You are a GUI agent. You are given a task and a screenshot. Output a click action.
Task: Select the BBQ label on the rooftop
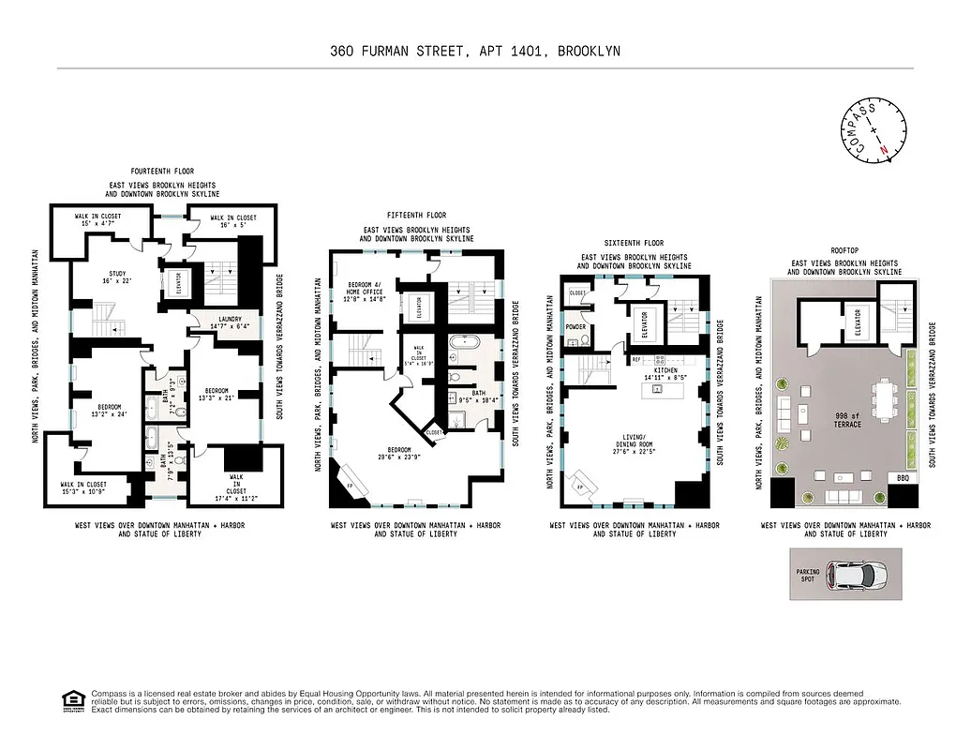coord(903,478)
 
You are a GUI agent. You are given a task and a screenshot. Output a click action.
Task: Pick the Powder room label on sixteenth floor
coord(575,327)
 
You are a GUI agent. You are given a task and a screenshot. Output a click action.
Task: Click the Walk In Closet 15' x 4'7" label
coord(98,220)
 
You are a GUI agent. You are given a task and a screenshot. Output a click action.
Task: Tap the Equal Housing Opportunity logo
coord(70,700)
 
